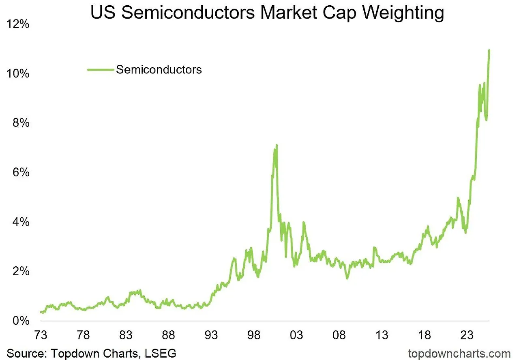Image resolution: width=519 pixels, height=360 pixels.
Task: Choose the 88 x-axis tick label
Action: pos(168,335)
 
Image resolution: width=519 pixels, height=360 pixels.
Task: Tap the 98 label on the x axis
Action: pos(253,335)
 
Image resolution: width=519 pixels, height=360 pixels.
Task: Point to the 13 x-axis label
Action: pos(382,335)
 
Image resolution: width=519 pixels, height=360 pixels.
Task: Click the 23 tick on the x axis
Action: pos(467,335)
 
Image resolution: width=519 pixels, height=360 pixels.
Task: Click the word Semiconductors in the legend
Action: pos(159,69)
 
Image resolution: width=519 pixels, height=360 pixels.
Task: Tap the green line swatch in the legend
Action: pos(100,70)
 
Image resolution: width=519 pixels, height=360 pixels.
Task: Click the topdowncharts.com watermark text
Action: pos(459,353)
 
